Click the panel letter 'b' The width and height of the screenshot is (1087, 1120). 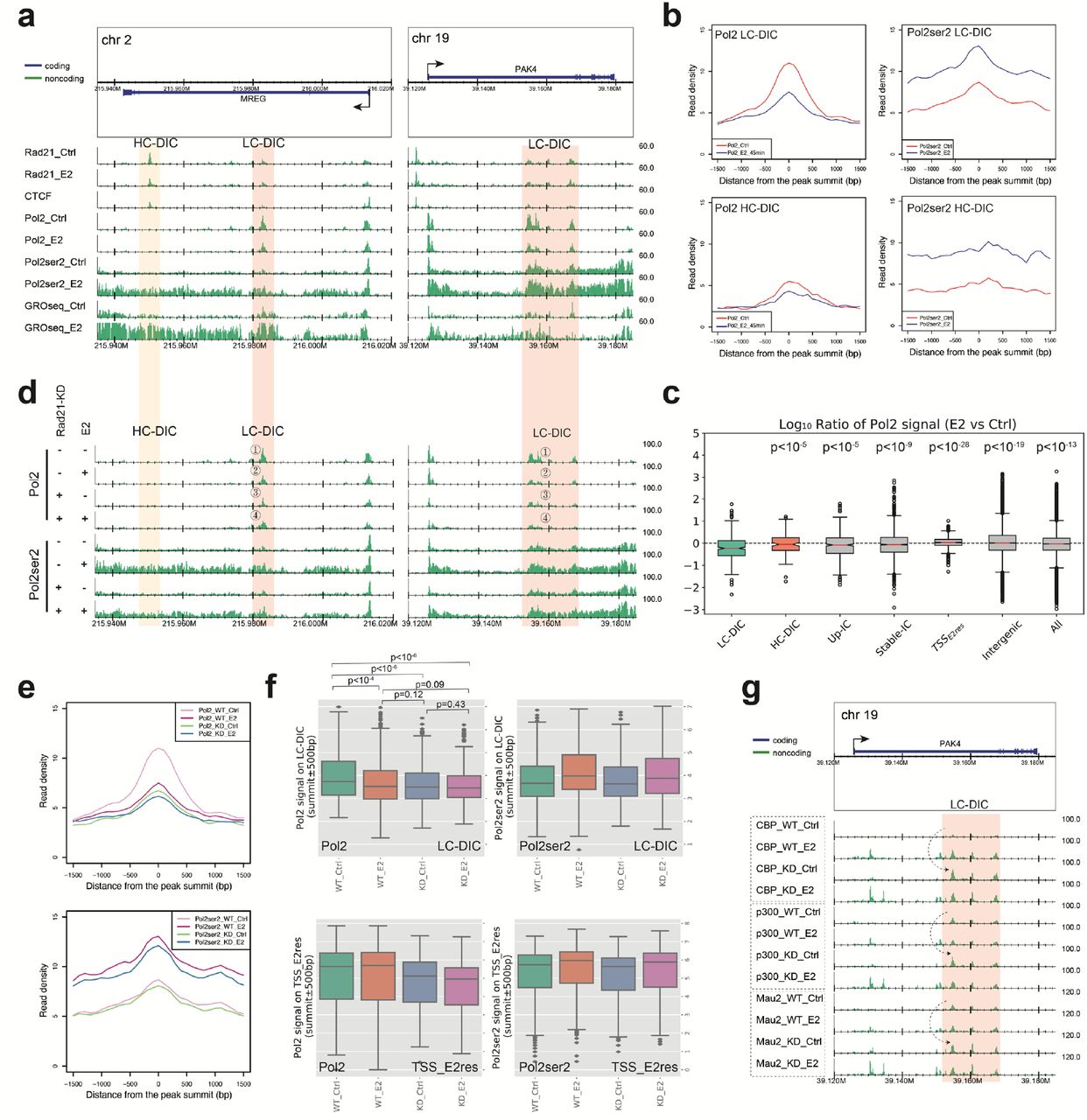coord(672,17)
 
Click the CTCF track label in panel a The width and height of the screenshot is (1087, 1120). coord(38,197)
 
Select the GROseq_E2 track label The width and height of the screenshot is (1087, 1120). coord(53,328)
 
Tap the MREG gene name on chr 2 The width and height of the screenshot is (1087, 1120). coord(253,99)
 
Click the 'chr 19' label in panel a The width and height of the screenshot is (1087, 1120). coord(431,38)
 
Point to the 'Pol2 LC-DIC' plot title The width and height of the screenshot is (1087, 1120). coord(746,35)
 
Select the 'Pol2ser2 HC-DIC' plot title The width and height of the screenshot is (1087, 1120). coord(950,208)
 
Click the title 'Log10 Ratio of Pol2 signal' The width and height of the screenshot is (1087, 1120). coord(897,424)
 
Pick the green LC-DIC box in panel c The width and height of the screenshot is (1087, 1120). coord(731,548)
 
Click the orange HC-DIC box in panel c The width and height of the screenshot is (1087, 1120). coord(785,543)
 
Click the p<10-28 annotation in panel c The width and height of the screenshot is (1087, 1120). coord(949,448)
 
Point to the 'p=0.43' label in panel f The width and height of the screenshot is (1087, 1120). coord(450,705)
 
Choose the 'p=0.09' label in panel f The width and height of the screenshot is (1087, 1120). coord(429,685)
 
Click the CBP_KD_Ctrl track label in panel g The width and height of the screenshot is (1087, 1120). coord(786,869)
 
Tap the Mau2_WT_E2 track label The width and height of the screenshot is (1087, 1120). coord(788,1020)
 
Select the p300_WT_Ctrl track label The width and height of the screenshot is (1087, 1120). coord(788,912)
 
